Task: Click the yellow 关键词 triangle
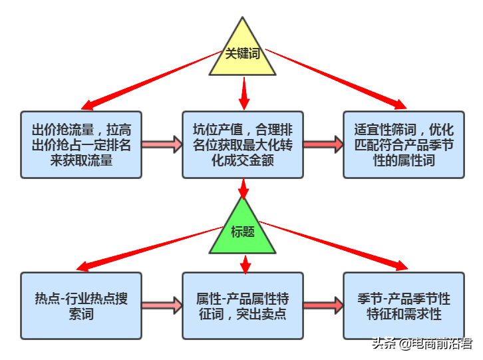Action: tap(243, 53)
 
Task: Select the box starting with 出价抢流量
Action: tap(81, 144)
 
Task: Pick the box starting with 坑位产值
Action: tap(243, 144)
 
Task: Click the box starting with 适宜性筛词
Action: tap(404, 144)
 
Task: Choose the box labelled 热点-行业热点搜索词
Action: tap(81, 305)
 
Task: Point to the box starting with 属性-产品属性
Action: tap(243, 305)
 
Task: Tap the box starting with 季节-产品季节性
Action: tap(404, 305)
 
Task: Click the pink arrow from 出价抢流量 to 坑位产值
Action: tap(162, 144)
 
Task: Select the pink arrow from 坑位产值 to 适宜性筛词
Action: tap(323, 144)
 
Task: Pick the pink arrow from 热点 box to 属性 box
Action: tap(162, 305)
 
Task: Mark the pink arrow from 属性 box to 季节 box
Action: tap(323, 305)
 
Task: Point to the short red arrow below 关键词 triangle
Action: tap(244, 93)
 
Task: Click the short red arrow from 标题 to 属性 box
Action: tap(245, 264)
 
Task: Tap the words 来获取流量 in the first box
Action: tap(81, 160)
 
